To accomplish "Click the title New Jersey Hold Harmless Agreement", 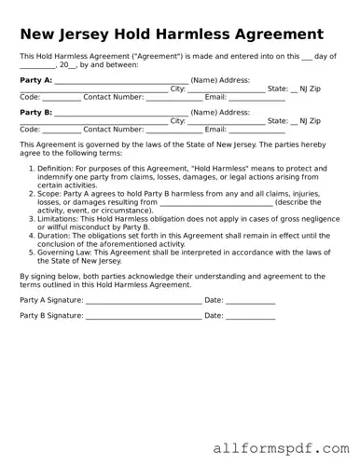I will point(172,34).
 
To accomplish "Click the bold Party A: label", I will point(35,80).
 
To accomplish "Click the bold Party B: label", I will point(35,112).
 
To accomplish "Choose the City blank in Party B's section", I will point(226,122).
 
